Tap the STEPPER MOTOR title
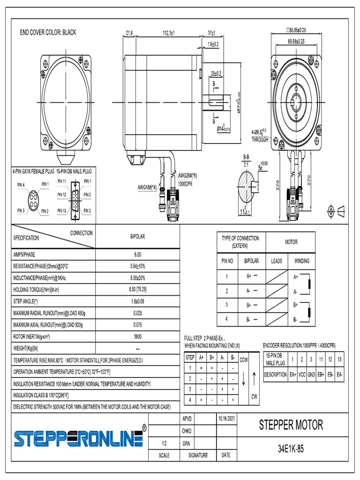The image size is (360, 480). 291,425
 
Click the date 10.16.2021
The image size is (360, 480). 225,418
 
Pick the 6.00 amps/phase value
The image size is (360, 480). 137,255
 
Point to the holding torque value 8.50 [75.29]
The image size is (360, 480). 137,290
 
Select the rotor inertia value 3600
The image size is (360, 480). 137,337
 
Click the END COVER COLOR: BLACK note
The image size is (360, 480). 48,32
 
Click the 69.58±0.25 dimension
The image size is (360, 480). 296,41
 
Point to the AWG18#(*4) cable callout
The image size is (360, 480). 147,187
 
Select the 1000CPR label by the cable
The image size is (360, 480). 185,184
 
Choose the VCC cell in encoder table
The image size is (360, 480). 302,375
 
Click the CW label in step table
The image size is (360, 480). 254,397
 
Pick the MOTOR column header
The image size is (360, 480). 291,242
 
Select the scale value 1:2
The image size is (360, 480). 164,443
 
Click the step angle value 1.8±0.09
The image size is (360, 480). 137,301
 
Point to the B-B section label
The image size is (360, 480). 246,157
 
